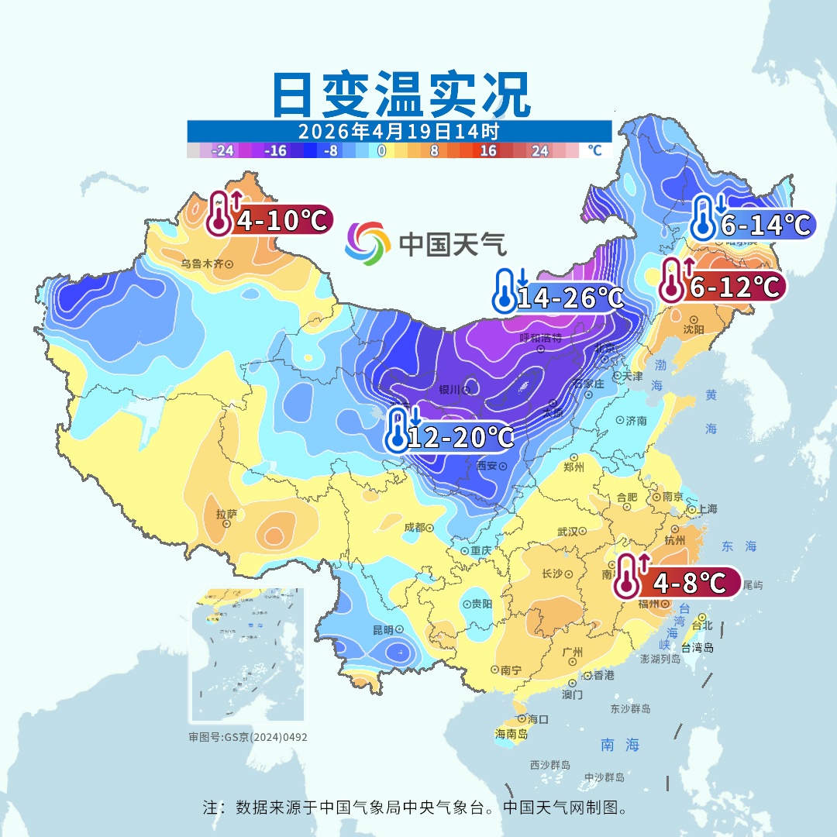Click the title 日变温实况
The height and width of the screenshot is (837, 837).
(401, 95)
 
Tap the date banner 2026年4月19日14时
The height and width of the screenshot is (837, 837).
(398, 131)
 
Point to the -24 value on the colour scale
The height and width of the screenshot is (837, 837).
(223, 151)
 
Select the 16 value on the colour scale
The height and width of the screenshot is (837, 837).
(487, 151)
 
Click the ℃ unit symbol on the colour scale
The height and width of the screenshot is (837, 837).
(594, 150)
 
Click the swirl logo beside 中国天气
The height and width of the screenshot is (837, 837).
(367, 243)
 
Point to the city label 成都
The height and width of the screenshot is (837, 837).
(415, 528)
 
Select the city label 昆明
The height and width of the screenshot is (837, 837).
(383, 629)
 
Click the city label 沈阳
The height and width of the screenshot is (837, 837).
(694, 329)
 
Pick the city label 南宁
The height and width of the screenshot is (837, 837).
(511, 670)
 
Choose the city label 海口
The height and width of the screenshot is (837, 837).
(538, 719)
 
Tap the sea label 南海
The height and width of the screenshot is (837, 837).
(620, 745)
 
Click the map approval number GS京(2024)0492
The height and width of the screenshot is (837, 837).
(248, 737)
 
